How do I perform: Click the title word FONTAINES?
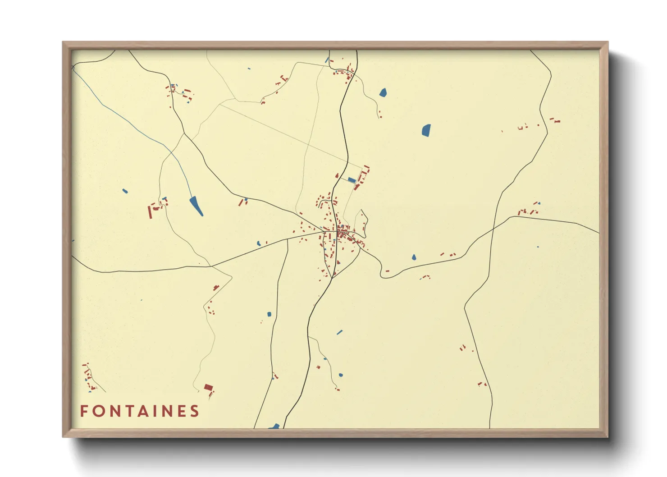[x=140, y=411]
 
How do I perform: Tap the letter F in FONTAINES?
[x=84, y=411]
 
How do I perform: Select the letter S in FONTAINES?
[x=195, y=411]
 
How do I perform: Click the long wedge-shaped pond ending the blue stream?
[x=196, y=206]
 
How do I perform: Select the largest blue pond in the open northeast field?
[x=426, y=130]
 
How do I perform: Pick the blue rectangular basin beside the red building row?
[x=352, y=180]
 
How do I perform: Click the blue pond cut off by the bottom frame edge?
[x=274, y=426]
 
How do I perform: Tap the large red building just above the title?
[x=208, y=387]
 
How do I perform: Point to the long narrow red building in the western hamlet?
[x=150, y=211]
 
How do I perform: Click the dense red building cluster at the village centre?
[x=341, y=234]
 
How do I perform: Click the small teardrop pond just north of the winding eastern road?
[x=414, y=257]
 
